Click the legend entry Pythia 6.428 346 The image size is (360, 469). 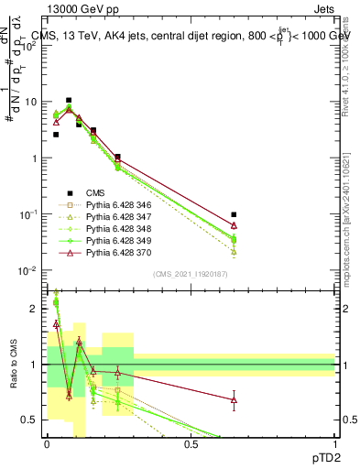(115, 205)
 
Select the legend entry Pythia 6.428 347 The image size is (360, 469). (115, 217)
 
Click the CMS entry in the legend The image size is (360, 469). (95, 193)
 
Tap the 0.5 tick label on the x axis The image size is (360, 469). (191, 444)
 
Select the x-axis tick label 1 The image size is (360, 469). (334, 444)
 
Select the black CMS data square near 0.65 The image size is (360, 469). (234, 214)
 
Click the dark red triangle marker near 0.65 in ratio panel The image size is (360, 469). (234, 399)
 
